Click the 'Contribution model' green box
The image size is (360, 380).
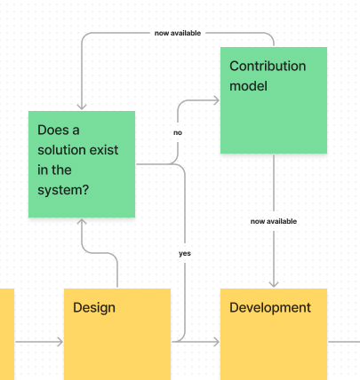(x=274, y=100)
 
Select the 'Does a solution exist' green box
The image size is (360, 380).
(x=82, y=164)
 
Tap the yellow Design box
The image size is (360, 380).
(x=117, y=334)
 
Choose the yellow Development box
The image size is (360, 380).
(x=274, y=334)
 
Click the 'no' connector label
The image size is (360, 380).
(x=178, y=132)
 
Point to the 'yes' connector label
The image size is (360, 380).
(x=185, y=253)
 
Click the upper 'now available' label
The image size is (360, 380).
(x=178, y=33)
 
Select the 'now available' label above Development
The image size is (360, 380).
(x=274, y=221)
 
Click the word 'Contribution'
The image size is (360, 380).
(x=268, y=66)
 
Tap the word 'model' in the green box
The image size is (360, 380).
(x=248, y=86)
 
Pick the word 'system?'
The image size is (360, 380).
(x=63, y=190)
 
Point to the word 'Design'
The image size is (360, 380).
(x=94, y=308)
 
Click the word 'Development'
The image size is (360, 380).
(x=270, y=308)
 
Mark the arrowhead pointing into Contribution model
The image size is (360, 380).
(x=217, y=100)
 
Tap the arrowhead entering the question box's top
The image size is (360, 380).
(x=82, y=107)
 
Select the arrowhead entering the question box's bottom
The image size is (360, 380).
(x=82, y=222)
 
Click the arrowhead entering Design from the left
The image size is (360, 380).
(x=60, y=342)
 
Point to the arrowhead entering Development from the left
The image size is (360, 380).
(x=217, y=342)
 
